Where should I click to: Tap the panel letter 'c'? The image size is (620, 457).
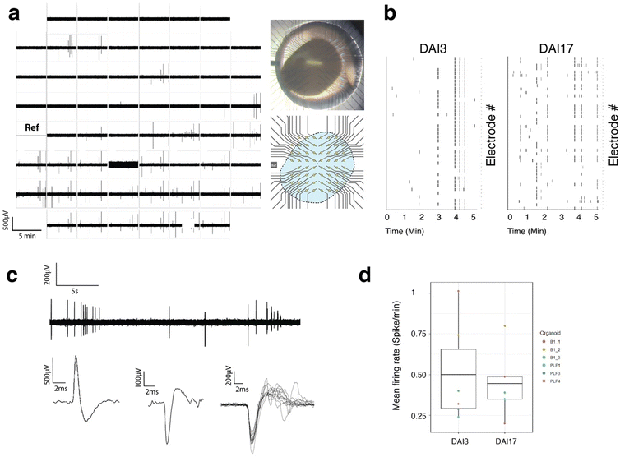(12, 275)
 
